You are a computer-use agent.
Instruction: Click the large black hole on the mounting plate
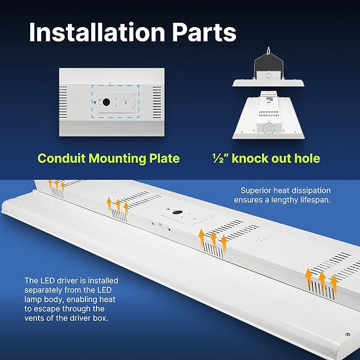(x=107, y=101)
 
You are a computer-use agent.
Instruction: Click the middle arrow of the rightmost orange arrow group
(x=321, y=278)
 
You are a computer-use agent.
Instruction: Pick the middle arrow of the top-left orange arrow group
(x=56, y=184)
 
